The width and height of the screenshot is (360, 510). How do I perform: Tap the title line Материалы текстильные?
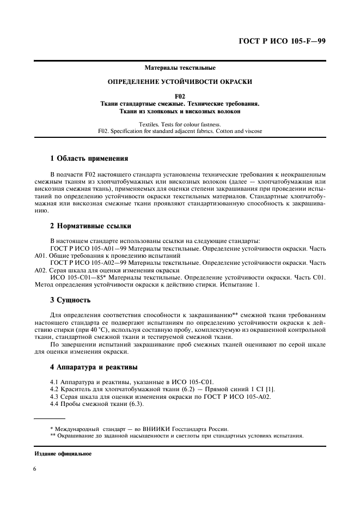(180, 68)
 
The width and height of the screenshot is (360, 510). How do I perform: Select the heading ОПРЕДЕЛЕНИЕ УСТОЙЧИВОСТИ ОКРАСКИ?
(180, 82)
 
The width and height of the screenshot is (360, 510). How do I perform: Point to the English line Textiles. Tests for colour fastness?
(180, 124)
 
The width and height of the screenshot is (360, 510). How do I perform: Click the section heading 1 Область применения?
(89, 159)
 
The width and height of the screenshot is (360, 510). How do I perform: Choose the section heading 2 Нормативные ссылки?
(91, 226)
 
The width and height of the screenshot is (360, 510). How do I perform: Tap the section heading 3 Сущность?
(70, 300)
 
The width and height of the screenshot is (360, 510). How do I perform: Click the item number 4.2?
(54, 388)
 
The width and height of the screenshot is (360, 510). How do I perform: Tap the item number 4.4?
(54, 404)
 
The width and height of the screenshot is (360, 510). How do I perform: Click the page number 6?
(34, 469)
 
